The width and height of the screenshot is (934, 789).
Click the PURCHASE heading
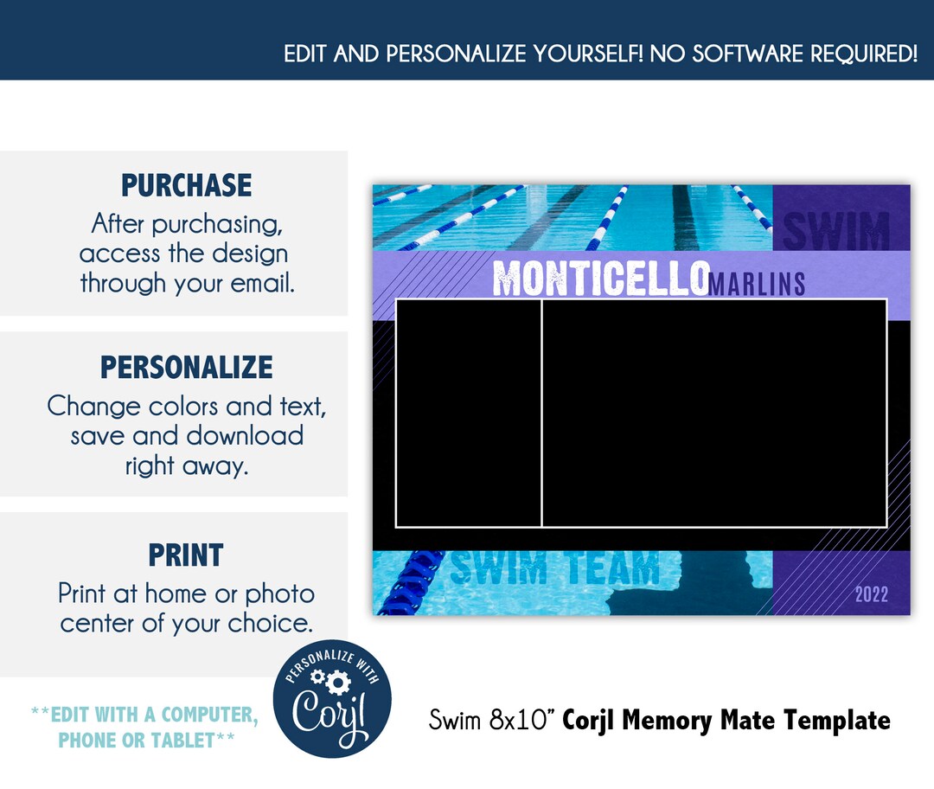[186, 185]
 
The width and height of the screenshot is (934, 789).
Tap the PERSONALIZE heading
[186, 367]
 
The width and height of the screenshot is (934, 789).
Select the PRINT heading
[186, 555]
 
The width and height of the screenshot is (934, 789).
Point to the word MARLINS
[757, 284]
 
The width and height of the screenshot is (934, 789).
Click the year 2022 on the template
[871, 594]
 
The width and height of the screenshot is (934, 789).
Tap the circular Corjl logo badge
[332, 699]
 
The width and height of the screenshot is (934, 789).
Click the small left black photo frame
[469, 413]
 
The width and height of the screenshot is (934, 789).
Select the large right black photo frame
[714, 413]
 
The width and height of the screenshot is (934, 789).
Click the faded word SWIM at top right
[835, 230]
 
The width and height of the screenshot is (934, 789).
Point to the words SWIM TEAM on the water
[555, 569]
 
